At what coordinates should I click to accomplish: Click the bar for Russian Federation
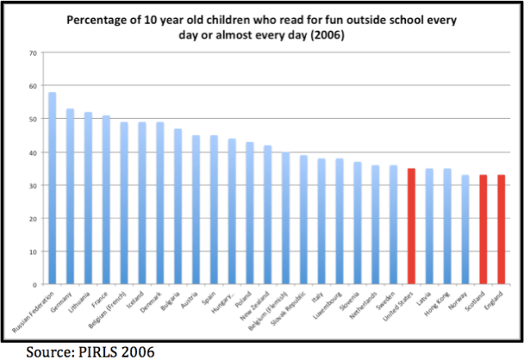[x=52, y=189]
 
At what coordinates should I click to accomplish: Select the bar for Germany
[x=70, y=197]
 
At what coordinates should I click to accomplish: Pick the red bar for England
[x=501, y=230]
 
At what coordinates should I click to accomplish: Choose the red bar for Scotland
[x=483, y=230]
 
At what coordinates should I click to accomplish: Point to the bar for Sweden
[x=393, y=225]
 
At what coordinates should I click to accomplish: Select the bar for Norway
[x=465, y=230]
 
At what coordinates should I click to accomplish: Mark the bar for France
[x=106, y=200]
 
